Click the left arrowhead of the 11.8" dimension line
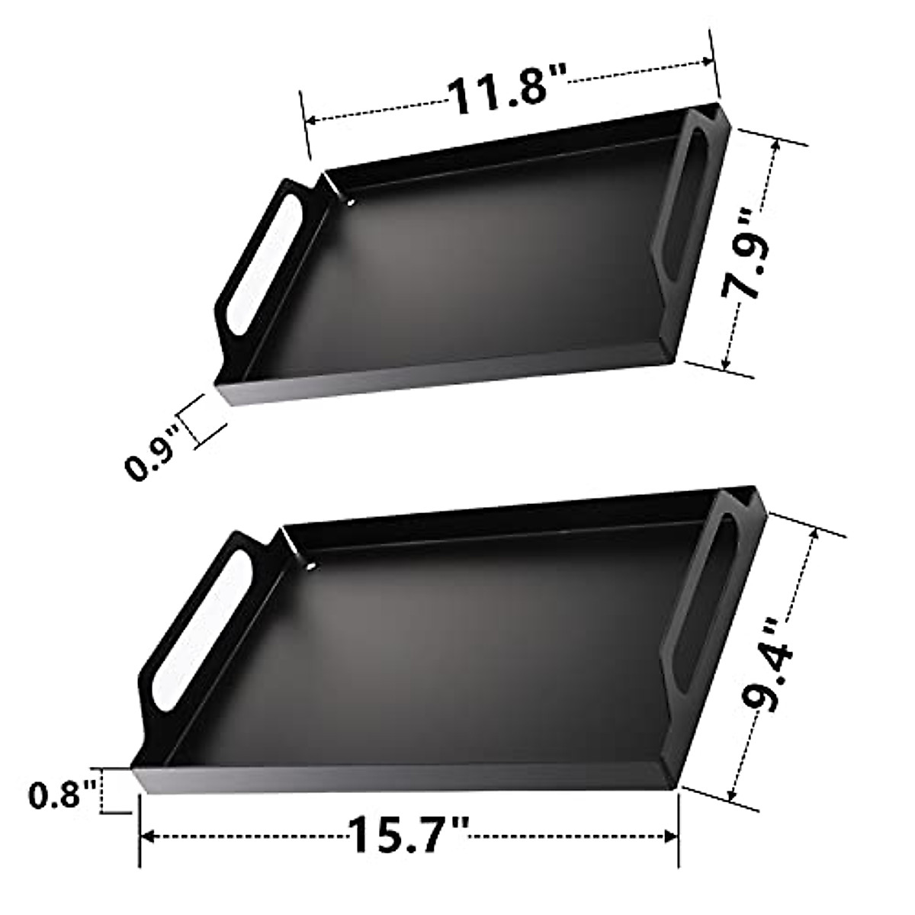click(x=310, y=120)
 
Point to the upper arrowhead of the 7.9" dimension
click(x=774, y=152)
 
